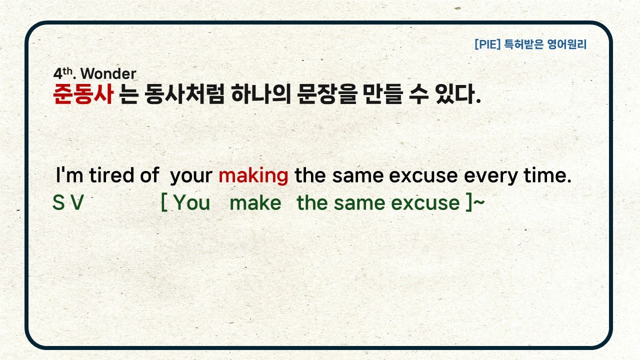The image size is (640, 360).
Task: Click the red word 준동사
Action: (83, 94)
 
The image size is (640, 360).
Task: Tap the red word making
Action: (253, 176)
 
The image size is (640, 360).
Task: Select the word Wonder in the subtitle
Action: (108, 73)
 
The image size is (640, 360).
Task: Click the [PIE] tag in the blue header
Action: (487, 44)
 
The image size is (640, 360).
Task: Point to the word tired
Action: (111, 175)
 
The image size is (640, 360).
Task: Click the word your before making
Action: (191, 176)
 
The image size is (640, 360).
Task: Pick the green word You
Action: (191, 202)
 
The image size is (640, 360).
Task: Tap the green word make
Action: (255, 202)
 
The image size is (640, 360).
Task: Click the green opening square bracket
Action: (164, 202)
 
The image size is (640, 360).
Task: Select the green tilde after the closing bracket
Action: (479, 202)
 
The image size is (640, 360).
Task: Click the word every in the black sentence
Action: (490, 176)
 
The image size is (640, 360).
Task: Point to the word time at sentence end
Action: (547, 175)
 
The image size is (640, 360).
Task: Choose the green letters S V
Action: (68, 202)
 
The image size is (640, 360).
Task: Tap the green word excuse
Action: (425, 203)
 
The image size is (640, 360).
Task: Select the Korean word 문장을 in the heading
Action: (327, 94)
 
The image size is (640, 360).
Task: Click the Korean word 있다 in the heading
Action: (455, 94)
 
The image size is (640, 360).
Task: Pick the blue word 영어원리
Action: (567, 44)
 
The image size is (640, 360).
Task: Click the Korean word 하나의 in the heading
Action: (261, 94)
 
